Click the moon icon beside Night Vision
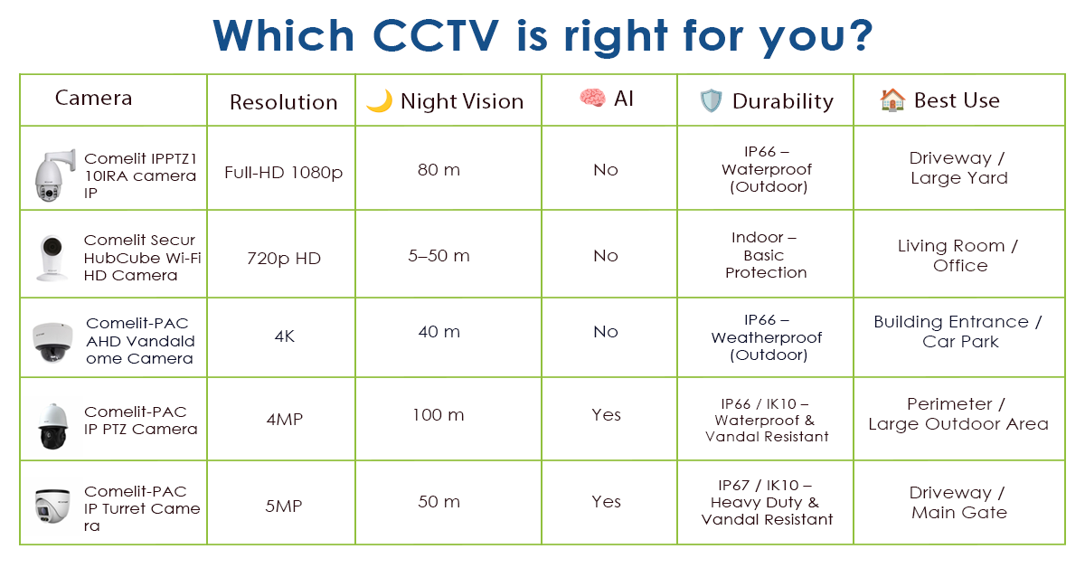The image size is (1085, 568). point(379,101)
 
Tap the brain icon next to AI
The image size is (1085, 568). point(591,99)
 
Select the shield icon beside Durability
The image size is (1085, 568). point(712,101)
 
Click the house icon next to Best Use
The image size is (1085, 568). point(892,100)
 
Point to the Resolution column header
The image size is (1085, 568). point(283,102)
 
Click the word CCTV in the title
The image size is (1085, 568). point(428,35)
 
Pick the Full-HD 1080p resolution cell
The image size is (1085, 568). point(283,172)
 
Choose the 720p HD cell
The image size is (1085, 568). point(283,259)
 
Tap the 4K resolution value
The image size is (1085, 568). point(283,336)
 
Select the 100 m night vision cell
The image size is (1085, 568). point(439,415)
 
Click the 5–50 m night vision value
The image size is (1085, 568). point(439,256)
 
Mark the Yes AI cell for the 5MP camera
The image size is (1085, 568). point(606,502)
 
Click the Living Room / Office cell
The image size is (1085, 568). point(958,255)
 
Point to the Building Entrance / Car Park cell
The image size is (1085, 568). point(958,331)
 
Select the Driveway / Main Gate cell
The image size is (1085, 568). point(958,502)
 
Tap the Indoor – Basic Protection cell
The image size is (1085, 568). point(765,255)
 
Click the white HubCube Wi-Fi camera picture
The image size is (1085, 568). point(50,256)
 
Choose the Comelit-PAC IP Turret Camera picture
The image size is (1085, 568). point(52,506)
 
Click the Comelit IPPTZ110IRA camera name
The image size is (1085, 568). point(139,175)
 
